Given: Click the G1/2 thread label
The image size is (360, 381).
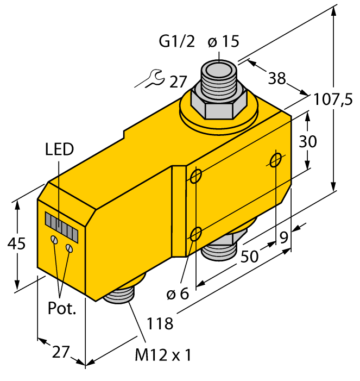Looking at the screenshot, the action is pyautogui.click(x=177, y=41).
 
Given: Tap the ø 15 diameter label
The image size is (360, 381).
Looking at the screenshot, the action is pyautogui.click(x=223, y=41).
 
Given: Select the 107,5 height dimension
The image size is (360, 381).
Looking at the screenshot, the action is pyautogui.click(x=333, y=99).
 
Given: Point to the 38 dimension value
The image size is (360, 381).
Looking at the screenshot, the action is pyautogui.click(x=277, y=78).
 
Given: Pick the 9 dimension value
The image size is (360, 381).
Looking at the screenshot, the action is pyautogui.click(x=284, y=238).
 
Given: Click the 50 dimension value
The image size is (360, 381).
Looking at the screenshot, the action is pyautogui.click(x=250, y=256).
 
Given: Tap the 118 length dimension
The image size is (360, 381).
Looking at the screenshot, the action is pyautogui.click(x=160, y=323).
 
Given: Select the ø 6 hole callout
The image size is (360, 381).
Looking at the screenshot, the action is pyautogui.click(x=178, y=293).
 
